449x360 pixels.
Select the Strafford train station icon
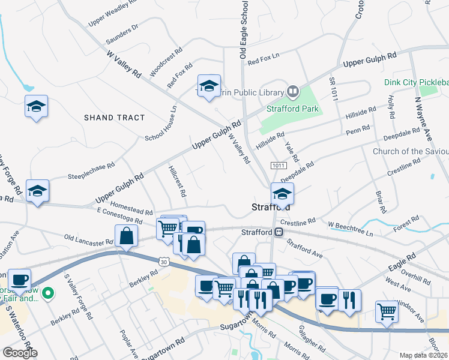279,232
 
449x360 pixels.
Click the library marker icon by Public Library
293,92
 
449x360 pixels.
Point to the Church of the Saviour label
411,151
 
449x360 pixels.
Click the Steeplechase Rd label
91,170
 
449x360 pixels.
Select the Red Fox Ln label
264,59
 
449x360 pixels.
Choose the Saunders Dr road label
122,35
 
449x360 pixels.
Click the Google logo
19,352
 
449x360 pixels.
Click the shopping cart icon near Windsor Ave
387,311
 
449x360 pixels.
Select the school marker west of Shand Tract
37,107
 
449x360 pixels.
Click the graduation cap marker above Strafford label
282,193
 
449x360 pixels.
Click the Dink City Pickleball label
417,82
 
